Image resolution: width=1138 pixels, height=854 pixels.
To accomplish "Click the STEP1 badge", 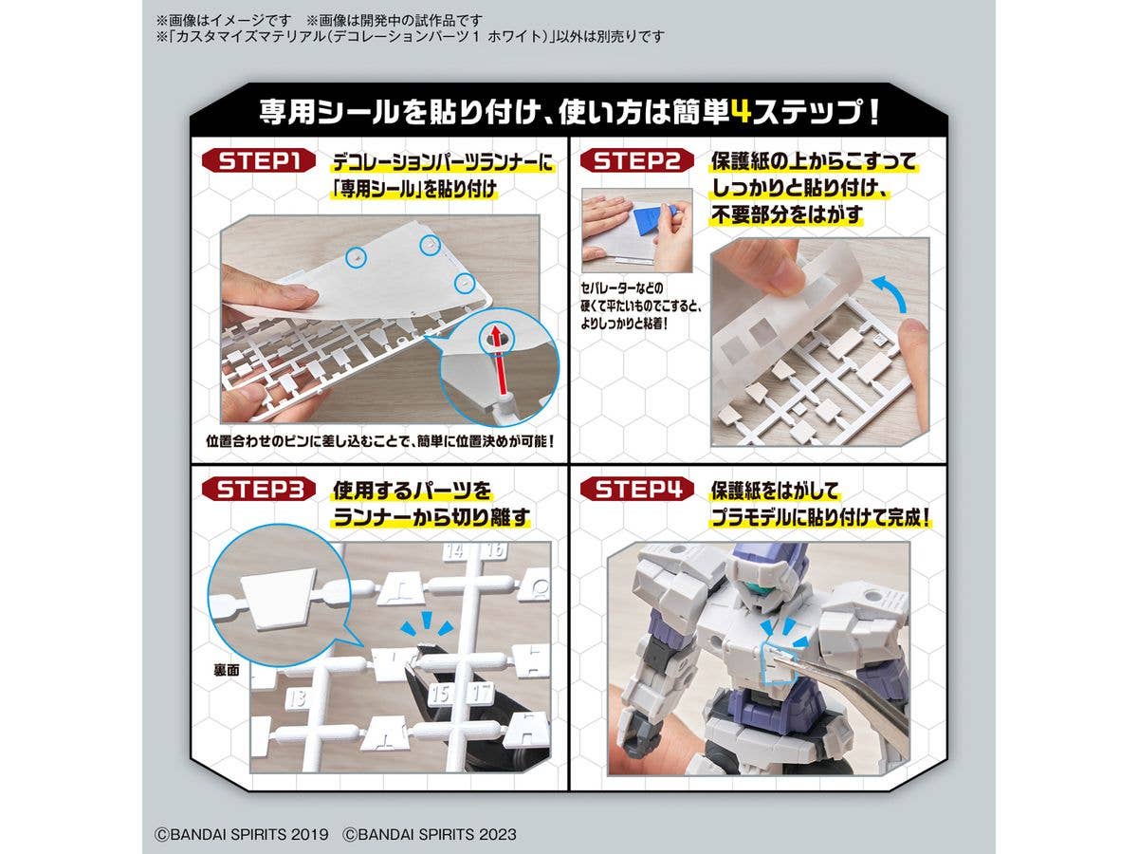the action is tap(259, 161).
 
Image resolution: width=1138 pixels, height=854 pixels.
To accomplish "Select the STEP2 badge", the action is tap(637, 161).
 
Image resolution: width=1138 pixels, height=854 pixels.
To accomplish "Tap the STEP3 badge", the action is tap(259, 489).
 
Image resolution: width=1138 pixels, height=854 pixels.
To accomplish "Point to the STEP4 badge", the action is tap(637, 489).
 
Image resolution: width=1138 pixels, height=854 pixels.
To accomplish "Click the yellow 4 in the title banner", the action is tap(743, 113).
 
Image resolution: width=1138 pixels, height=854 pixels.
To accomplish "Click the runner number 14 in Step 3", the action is tap(454, 550).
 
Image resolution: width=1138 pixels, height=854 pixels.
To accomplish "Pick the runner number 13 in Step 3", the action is tap(299, 698).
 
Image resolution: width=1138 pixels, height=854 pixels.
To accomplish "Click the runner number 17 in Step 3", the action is tap(481, 694).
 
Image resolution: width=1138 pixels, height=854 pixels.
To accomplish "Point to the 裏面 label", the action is tap(227, 671).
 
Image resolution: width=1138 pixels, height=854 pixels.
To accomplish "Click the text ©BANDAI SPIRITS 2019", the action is tap(242, 835).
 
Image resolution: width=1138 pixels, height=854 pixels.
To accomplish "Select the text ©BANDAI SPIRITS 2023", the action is tap(430, 835).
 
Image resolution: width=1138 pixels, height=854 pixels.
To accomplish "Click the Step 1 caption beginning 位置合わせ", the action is tap(380, 442).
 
